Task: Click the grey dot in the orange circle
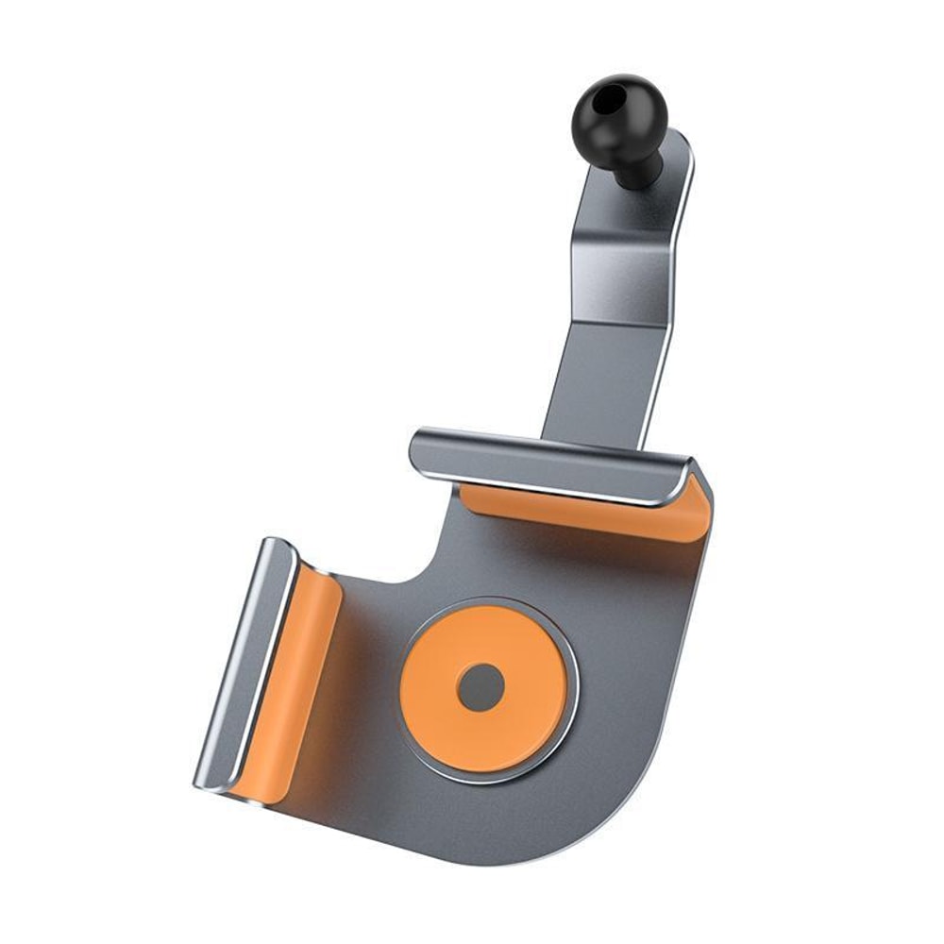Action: (x=480, y=686)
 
